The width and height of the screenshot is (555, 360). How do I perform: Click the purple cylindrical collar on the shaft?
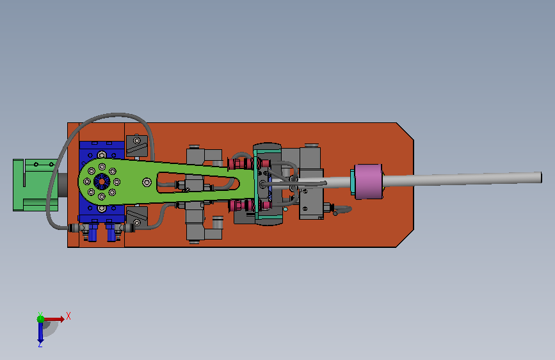pos(369,181)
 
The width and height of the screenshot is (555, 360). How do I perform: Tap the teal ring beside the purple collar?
pos(352,182)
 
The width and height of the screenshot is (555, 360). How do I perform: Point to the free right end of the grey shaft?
pos(540,177)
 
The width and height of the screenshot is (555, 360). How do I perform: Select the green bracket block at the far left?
pos(35,185)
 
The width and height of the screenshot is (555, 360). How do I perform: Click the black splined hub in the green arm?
pos(102,182)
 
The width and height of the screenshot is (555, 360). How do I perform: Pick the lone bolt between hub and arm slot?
pos(147,183)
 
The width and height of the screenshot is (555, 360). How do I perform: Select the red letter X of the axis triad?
pos(68,316)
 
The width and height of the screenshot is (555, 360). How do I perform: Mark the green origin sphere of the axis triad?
pos(40,319)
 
